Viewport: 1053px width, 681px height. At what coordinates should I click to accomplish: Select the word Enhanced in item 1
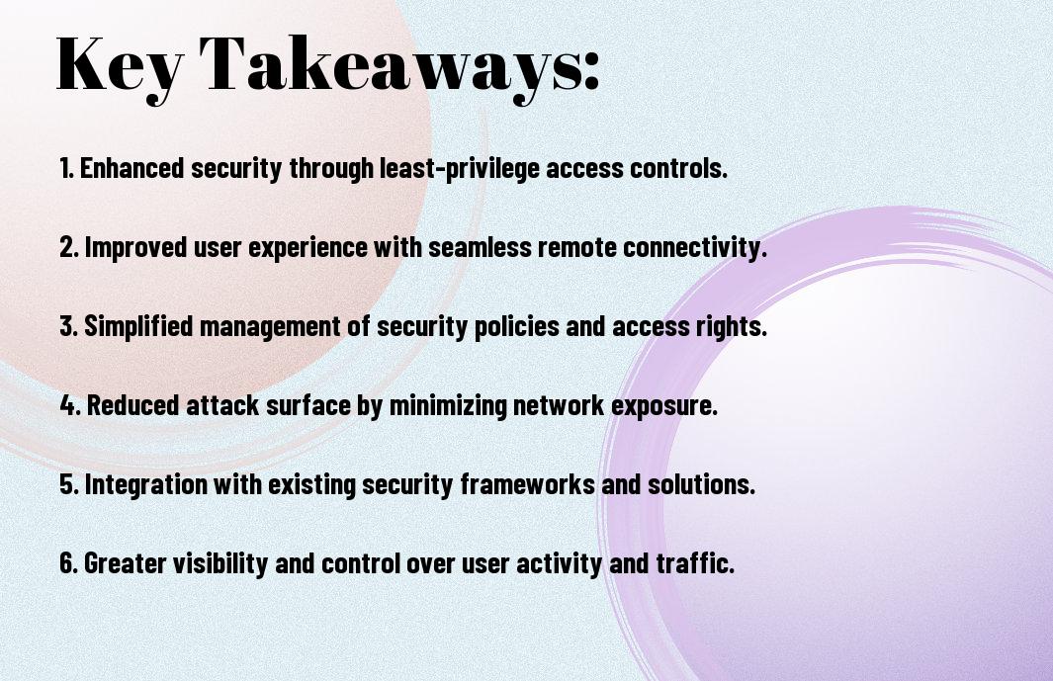click(x=132, y=168)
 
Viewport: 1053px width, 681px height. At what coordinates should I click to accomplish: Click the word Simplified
click(x=138, y=326)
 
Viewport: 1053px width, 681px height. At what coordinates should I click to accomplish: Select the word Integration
click(x=145, y=484)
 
